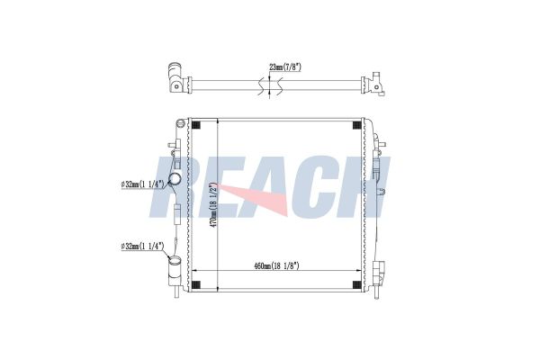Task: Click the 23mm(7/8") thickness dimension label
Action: coord(284,67)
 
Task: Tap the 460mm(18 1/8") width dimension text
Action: coord(276,266)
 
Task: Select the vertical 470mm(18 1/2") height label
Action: coord(214,205)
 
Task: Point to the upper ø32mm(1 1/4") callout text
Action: coord(142,184)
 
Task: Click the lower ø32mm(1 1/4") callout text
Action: coord(142,247)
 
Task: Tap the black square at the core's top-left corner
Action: coord(195,125)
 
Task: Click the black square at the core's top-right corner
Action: coord(356,125)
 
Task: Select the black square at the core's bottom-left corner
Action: coord(195,285)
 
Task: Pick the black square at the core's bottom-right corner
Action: coord(356,285)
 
